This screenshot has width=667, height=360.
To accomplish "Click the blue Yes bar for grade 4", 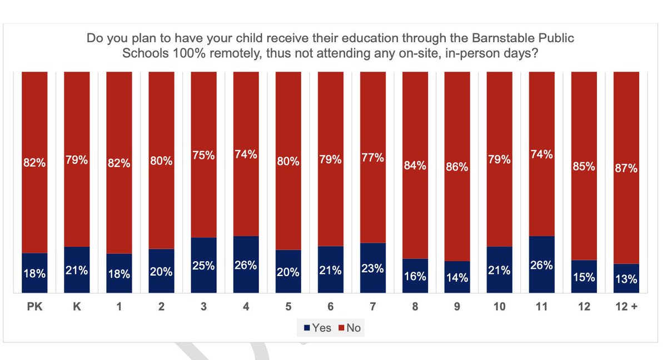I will pos(246,264).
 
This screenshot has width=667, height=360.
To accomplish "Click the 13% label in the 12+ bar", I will pos(626,279).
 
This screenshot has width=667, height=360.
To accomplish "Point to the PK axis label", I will pos(34,306).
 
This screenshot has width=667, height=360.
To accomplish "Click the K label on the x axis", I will pos(77,306).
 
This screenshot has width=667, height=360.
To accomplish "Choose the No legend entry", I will pos(349,328).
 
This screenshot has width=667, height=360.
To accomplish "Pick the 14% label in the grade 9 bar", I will pos(457,278).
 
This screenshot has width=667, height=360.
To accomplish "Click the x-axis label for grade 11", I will pos(541,306).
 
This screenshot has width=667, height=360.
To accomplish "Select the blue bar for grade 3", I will pos(203,265).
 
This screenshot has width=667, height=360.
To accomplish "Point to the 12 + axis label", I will pos(626,306).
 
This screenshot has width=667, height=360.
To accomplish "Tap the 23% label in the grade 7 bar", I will pos(372,268).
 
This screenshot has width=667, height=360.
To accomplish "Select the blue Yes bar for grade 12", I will pos(584,277).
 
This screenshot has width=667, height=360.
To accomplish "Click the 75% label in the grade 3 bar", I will pos(203,156).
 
